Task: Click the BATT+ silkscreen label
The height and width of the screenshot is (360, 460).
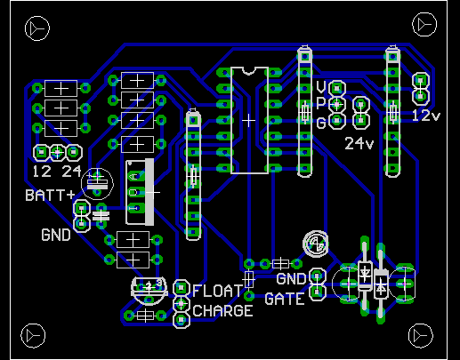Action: click(x=50, y=196)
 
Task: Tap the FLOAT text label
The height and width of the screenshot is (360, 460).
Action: click(x=217, y=291)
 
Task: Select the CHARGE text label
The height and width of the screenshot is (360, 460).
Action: click(x=222, y=311)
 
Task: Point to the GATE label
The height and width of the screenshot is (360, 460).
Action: click(x=285, y=299)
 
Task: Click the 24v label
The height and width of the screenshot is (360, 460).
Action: click(x=359, y=143)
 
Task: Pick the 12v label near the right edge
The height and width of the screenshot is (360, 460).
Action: click(x=426, y=116)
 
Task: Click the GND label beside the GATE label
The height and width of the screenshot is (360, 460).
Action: click(x=291, y=279)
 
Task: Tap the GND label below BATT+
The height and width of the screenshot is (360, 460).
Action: click(x=56, y=235)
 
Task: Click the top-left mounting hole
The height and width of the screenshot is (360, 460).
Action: click(x=37, y=28)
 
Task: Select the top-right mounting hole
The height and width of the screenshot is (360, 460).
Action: click(x=424, y=25)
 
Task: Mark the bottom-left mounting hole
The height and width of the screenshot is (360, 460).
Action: click(x=33, y=336)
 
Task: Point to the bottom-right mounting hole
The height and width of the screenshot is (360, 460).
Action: click(x=421, y=336)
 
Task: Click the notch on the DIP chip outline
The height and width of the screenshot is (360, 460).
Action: click(x=249, y=71)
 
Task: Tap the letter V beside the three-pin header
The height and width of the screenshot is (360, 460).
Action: click(x=321, y=87)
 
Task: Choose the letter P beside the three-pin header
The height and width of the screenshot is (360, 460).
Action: click(x=321, y=104)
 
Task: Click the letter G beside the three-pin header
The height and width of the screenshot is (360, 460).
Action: click(x=321, y=123)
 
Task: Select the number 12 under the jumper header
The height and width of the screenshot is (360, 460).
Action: click(x=42, y=172)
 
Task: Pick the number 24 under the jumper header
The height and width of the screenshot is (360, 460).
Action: click(x=71, y=172)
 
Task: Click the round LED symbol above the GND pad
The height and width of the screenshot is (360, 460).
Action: click(x=316, y=244)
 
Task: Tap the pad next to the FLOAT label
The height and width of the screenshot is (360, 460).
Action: click(x=182, y=288)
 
